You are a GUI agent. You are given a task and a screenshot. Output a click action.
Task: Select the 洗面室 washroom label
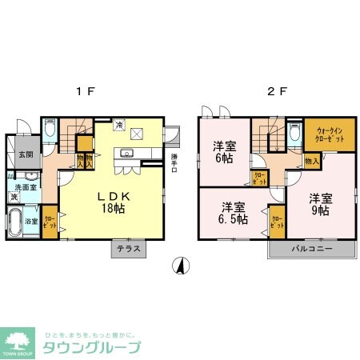pyautogui.click(x=24, y=187)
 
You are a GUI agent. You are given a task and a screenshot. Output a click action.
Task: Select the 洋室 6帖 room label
pyautogui.click(x=223, y=152)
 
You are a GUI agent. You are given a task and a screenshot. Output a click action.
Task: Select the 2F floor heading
pyautogui.click(x=274, y=91)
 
